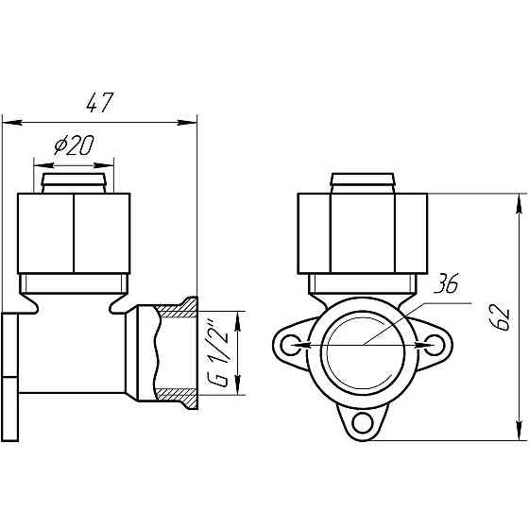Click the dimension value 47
point(100,102)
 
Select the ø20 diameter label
point(74,145)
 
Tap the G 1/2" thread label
point(217,351)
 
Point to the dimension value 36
point(446,283)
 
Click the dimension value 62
point(499,316)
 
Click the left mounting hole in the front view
point(291,345)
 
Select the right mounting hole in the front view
point(435,345)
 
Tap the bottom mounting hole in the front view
point(363,423)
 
